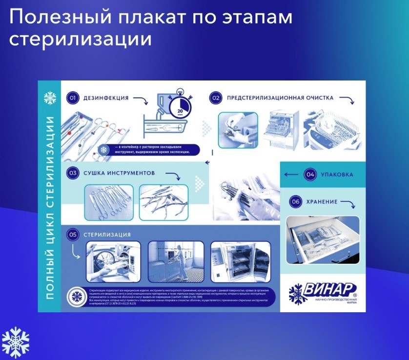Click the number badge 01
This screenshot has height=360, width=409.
[x=72, y=98]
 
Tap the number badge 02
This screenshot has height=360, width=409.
[x=215, y=98]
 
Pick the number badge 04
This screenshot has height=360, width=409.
[x=309, y=174]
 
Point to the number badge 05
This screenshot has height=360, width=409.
[x=73, y=235]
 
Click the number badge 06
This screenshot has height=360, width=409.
[x=295, y=201]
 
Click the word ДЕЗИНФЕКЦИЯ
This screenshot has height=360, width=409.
[x=106, y=98]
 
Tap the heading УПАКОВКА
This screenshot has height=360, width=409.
[x=337, y=174]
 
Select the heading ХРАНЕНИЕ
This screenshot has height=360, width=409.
[x=323, y=201]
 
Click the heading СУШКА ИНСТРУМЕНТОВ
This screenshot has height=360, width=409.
[x=119, y=173]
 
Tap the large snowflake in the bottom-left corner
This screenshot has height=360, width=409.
[x=16, y=342]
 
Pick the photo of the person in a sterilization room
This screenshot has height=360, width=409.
[x=176, y=261]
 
